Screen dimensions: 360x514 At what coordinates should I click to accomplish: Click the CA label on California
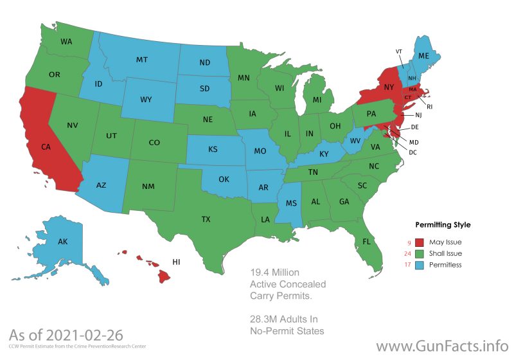pos(46,147)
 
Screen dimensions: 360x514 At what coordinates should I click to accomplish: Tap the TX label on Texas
pos(206,219)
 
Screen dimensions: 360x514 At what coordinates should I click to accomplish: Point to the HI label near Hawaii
pos(176,262)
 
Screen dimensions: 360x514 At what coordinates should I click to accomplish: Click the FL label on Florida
pos(366,242)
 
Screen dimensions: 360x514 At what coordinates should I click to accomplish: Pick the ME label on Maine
pos(423,57)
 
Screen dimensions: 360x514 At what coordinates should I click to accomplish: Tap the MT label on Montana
pos(143,60)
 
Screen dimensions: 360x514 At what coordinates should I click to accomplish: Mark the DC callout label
pos(413,152)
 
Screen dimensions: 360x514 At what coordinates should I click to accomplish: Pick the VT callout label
pos(399,51)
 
